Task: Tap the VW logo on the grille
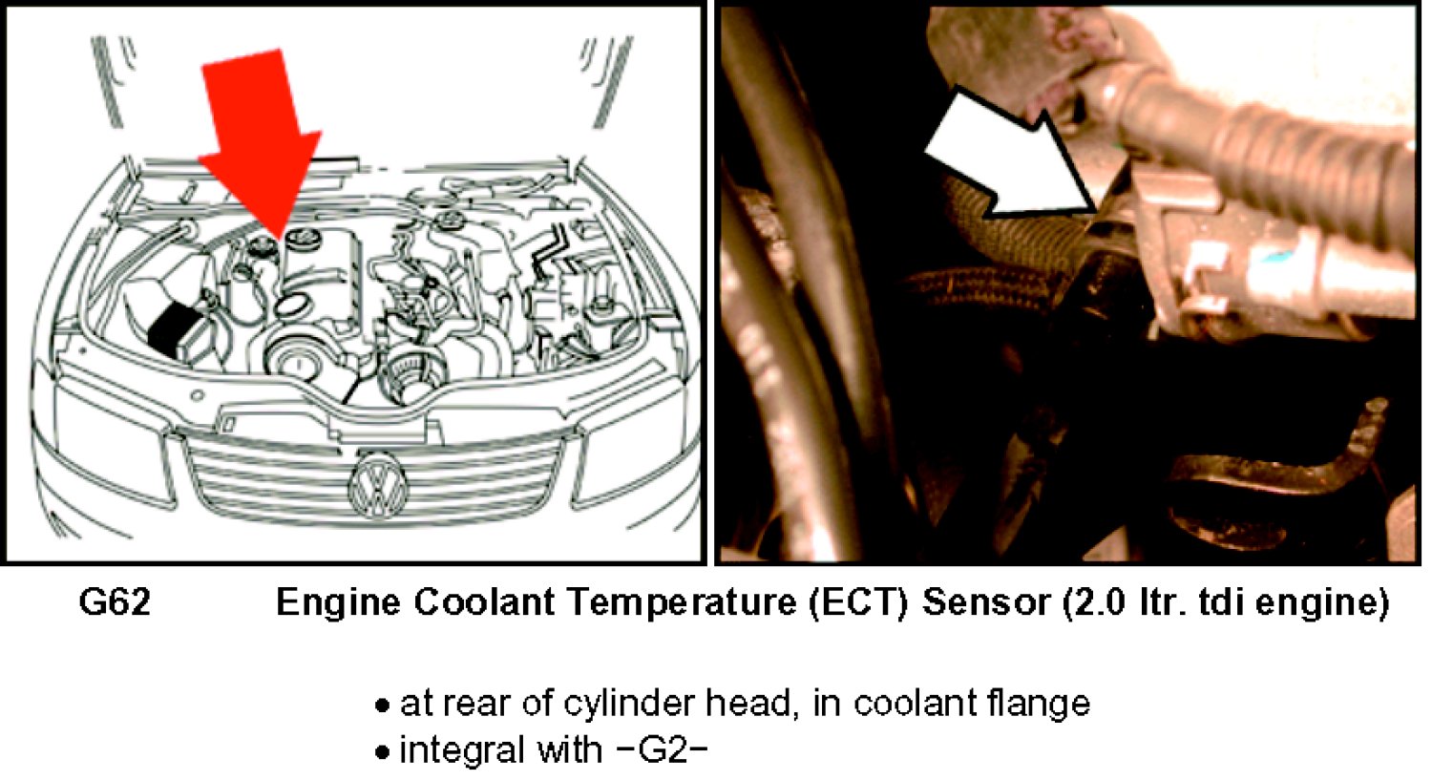pyautogui.click(x=378, y=487)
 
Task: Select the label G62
pyautogui.click(x=116, y=602)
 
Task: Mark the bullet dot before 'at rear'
pyautogui.click(x=382, y=706)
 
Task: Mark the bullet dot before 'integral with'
pyautogui.click(x=382, y=752)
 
